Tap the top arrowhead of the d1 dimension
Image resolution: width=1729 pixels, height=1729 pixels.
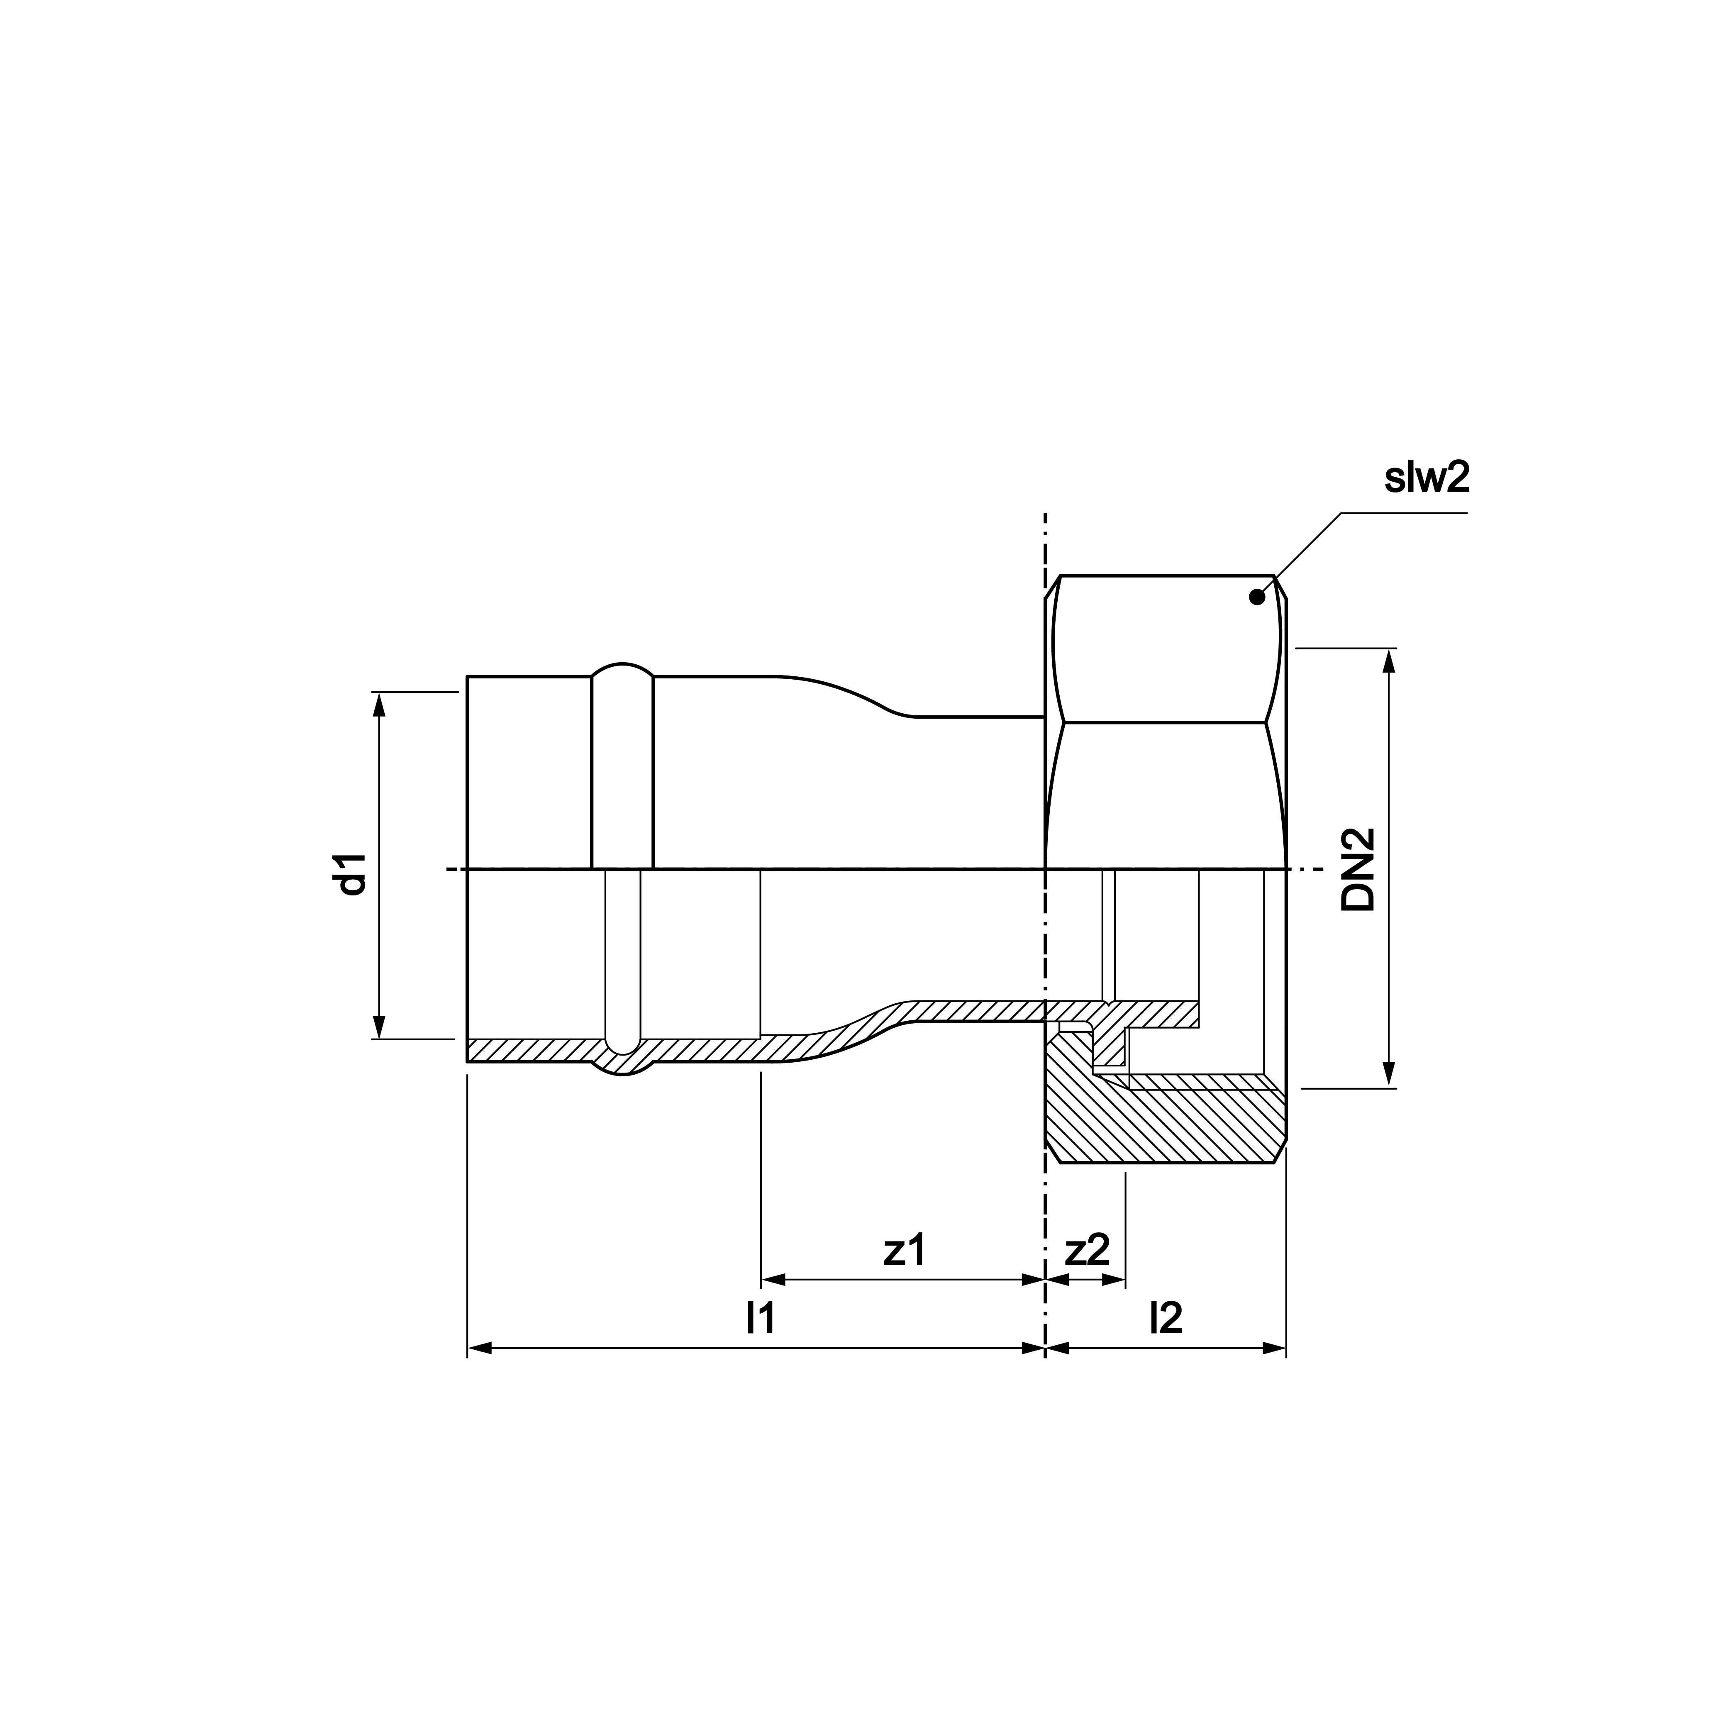(378, 704)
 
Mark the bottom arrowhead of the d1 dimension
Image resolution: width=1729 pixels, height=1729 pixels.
(378, 1027)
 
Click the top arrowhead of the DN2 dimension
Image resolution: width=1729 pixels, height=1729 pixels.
(1389, 661)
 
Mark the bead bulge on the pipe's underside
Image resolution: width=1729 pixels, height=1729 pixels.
(623, 1069)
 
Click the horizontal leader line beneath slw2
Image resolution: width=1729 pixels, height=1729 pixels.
(1405, 513)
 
